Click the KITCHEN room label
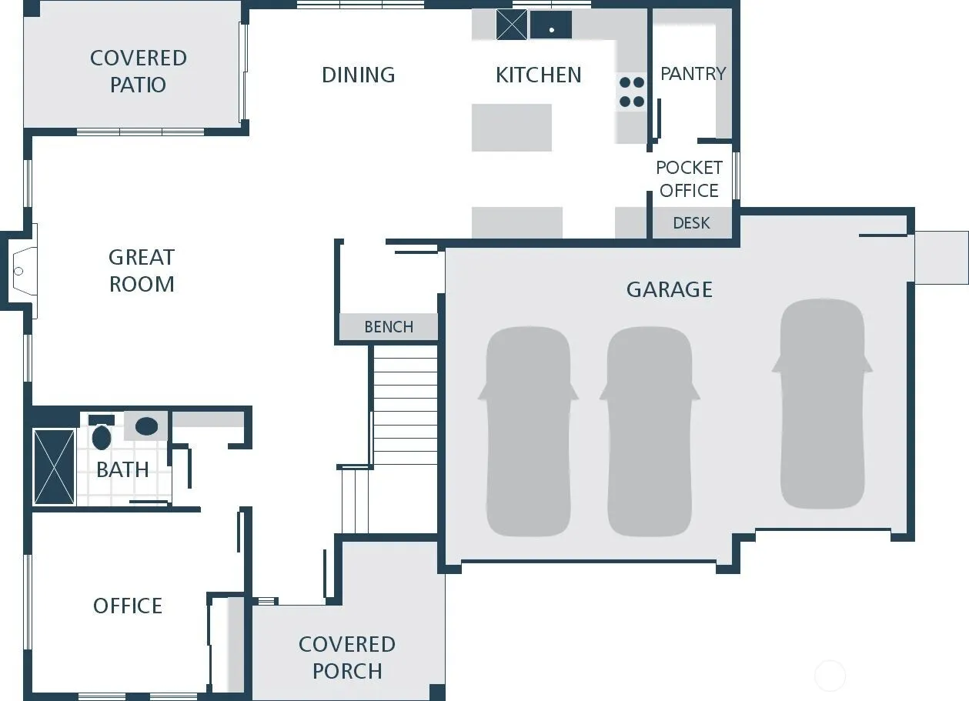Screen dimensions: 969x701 coord(539,75)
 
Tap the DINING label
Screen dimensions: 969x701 coord(358,75)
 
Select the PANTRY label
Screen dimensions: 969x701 coord(693,74)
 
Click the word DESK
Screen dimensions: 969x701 coord(691,223)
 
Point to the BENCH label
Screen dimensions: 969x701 coord(389,327)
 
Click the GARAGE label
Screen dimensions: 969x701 coord(669,289)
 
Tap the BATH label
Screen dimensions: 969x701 coord(122,469)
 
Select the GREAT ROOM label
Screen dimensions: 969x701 coord(142,271)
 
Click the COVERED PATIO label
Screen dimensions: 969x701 coord(139,72)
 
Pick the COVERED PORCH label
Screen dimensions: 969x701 coord(347,658)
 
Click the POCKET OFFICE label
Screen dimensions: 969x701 coord(689,179)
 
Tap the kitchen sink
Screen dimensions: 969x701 coord(551,25)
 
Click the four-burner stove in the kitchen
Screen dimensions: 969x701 coord(632,92)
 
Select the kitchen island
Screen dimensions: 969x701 coord(511,128)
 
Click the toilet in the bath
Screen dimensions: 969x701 coord(102,432)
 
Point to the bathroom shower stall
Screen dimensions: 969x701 coord(54,467)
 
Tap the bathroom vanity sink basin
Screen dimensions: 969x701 coord(147,426)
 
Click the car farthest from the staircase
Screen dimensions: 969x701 coord(822,404)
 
